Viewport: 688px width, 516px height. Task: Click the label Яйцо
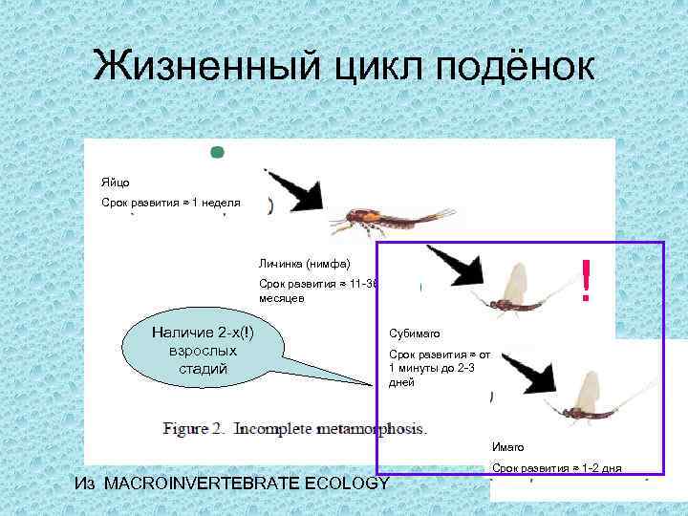[116, 182]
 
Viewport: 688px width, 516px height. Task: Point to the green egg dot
[217, 151]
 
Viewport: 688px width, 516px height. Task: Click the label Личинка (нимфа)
[304, 263]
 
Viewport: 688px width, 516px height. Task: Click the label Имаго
[507, 447]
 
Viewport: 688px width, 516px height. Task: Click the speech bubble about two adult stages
[203, 349]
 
